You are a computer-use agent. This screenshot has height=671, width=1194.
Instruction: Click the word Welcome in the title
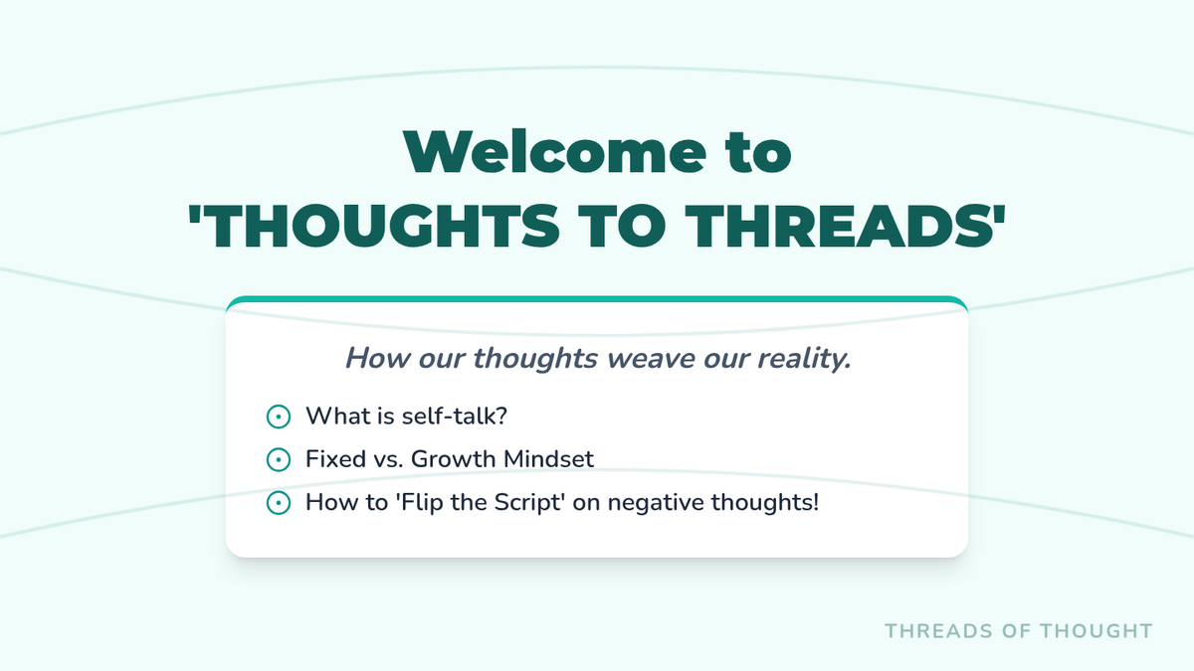click(x=555, y=152)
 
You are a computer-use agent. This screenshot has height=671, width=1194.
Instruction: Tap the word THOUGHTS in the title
click(x=374, y=227)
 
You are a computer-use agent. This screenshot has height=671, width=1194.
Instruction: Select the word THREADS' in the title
click(x=845, y=227)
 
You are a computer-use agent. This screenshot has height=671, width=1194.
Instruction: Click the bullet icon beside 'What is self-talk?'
click(x=279, y=417)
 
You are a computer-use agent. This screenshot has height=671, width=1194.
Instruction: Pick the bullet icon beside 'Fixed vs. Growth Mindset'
click(x=279, y=459)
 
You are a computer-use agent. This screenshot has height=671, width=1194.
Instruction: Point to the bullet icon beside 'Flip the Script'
click(x=279, y=503)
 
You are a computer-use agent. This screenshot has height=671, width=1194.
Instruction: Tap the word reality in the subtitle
click(x=804, y=359)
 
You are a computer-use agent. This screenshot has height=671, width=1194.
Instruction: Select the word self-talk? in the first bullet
click(x=455, y=416)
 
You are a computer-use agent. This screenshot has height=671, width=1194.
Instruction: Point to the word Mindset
click(x=548, y=459)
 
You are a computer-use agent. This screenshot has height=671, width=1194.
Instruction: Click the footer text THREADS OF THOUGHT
click(x=1019, y=631)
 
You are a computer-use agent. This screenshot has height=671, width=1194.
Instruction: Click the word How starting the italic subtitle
click(x=378, y=358)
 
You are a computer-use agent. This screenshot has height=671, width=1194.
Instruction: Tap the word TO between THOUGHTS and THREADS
click(x=623, y=227)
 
